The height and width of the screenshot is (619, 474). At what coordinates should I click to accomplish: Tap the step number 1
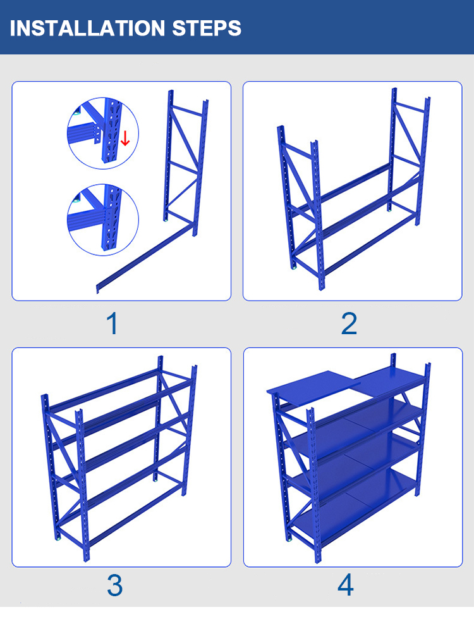pyautogui.click(x=112, y=323)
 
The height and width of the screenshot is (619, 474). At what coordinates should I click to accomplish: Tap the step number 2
pyautogui.click(x=349, y=323)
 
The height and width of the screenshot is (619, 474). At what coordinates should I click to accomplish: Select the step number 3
pyautogui.click(x=114, y=585)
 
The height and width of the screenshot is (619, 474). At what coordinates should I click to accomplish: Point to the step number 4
pyautogui.click(x=346, y=585)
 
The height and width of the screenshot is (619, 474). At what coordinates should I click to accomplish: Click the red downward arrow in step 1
pyautogui.click(x=125, y=138)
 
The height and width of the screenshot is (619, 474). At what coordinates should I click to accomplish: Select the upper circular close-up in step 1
pyautogui.click(x=102, y=133)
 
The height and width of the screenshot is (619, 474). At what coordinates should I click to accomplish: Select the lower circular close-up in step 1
pyautogui.click(x=102, y=220)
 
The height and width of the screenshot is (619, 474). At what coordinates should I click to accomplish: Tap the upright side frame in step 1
pyautogui.click(x=186, y=165)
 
